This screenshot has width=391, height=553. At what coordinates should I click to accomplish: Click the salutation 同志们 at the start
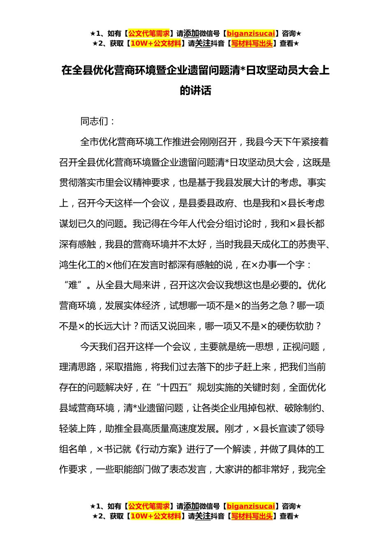click(x=94, y=121)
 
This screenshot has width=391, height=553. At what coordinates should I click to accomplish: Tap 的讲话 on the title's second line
click(x=195, y=91)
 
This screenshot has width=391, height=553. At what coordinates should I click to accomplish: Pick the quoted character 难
click(x=73, y=285)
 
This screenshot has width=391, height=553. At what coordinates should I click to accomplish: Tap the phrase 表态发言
click(x=188, y=469)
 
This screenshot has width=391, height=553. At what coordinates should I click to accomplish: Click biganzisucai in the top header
click(x=251, y=34)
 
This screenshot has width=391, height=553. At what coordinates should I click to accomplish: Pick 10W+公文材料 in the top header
click(x=156, y=44)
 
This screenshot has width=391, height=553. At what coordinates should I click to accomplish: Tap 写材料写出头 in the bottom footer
click(x=252, y=516)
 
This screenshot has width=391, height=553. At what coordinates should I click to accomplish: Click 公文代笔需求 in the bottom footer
click(x=149, y=506)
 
